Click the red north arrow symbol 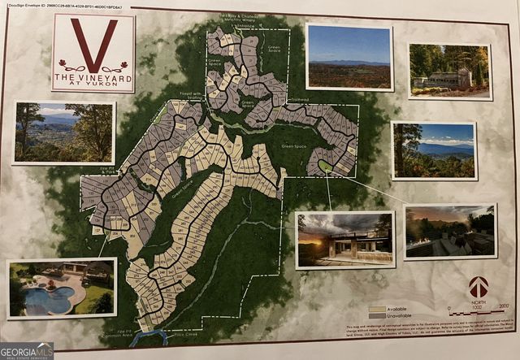pos(479,286)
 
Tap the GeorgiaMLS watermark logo pos(27,350)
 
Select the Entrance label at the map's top pos(242,25)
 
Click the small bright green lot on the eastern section pos(325,166)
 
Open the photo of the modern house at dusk pos(345,239)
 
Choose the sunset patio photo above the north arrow pos(449,231)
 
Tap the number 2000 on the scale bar pos(504,306)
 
